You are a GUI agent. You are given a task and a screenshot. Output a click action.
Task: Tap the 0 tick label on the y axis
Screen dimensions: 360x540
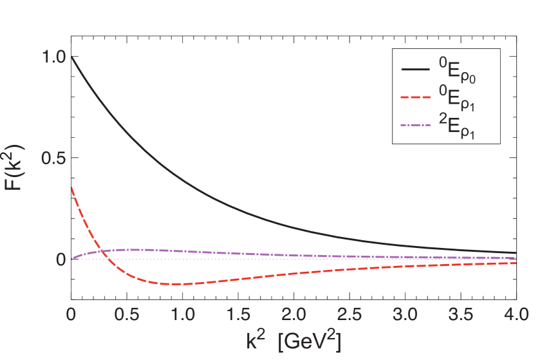tap(59, 260)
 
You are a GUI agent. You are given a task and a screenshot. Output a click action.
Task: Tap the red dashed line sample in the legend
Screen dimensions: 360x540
tap(416, 99)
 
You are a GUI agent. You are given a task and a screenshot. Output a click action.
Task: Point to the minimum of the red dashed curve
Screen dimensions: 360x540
tap(171, 284)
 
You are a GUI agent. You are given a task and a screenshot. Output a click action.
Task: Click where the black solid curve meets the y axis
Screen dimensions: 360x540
tap(71, 57)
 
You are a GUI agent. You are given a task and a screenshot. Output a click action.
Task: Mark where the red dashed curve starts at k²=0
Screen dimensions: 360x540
tap(71, 186)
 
